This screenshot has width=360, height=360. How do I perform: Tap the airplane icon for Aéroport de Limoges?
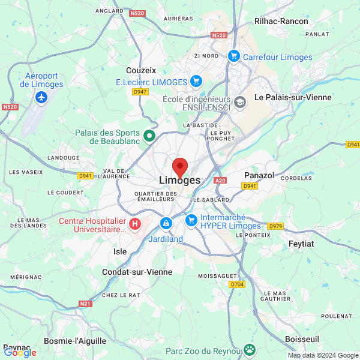pyautogui.click(x=41, y=98)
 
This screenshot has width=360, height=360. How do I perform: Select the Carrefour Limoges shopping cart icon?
pyautogui.click(x=234, y=56)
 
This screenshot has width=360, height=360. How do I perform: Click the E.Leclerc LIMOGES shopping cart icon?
pyautogui.click(x=195, y=81)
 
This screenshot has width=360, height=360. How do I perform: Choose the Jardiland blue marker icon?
pyautogui.click(x=165, y=223)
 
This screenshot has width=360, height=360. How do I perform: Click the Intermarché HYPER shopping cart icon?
pyautogui.click(x=191, y=220)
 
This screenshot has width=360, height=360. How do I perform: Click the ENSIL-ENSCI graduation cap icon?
pyautogui.click(x=240, y=102)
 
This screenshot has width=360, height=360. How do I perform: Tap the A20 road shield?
pyautogui.click(x=220, y=180)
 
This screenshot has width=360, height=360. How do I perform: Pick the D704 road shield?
pyautogui.click(x=237, y=284)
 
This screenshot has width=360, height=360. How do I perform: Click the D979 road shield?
pyautogui.click(x=275, y=226)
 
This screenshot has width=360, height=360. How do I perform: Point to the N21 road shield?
pyautogui.click(x=85, y=304)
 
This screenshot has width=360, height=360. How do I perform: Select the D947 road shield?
pyautogui.click(x=140, y=92)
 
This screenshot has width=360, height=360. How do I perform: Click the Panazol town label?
pyautogui.click(x=260, y=175)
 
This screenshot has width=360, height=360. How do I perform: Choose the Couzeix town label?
pyautogui.click(x=141, y=70)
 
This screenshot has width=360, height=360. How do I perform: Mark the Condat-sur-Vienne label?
pyautogui.click(x=137, y=272)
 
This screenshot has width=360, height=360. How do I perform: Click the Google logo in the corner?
pyautogui.click(x=20, y=352)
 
